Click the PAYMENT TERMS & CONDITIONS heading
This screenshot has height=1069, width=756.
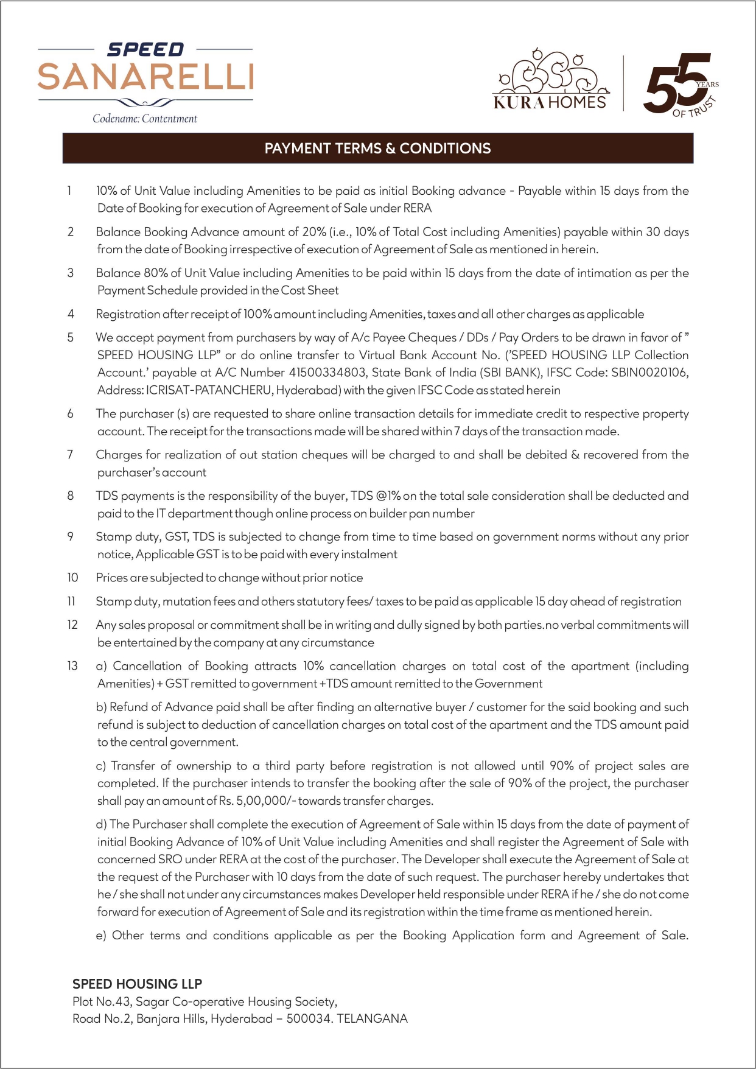[x=377, y=149]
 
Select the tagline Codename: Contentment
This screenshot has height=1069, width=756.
[x=145, y=119]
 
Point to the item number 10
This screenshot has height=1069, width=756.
[x=72, y=578]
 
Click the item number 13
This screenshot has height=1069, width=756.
[x=72, y=666]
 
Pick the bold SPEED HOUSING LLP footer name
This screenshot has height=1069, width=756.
[x=137, y=984]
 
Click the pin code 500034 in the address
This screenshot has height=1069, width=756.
[x=309, y=1018]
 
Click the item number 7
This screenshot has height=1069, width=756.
[x=70, y=455]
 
